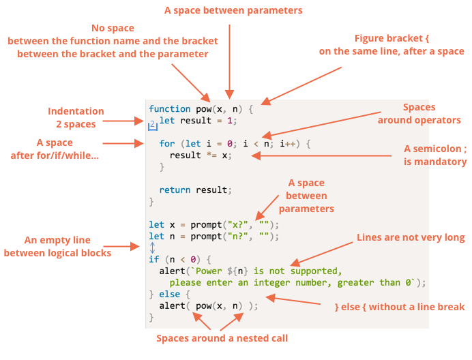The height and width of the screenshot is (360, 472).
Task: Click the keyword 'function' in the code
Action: click(169, 108)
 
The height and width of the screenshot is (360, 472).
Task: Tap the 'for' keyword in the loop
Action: click(166, 144)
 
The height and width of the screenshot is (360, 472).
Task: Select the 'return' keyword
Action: click(175, 190)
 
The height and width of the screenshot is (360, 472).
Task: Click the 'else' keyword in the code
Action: click(169, 294)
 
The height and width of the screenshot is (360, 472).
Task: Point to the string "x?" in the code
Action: click(238, 224)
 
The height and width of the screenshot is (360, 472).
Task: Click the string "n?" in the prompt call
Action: click(238, 237)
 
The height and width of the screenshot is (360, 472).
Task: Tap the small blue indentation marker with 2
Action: click(153, 125)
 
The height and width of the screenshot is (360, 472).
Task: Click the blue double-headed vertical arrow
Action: click(152, 247)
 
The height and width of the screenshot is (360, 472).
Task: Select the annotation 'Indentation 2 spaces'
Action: click(76, 118)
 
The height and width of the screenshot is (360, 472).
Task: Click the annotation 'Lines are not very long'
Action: click(411, 237)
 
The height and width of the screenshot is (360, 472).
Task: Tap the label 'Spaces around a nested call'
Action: click(222, 338)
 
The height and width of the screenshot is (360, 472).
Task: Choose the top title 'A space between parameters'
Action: click(233, 10)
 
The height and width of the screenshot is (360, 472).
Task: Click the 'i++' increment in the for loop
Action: click(287, 144)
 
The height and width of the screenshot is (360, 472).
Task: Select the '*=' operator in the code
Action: click(211, 155)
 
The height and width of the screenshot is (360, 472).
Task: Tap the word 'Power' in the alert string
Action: click(209, 271)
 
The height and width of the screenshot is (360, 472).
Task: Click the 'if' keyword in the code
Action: click(154, 260)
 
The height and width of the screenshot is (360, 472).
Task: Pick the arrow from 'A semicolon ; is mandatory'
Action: click(321, 155)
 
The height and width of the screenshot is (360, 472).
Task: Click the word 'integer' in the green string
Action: click(272, 283)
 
